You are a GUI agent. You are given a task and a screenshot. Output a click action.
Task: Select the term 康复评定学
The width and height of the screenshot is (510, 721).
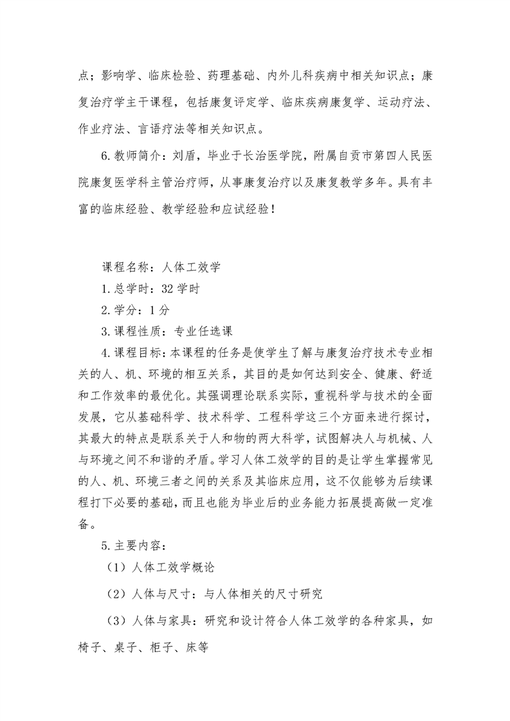coord(251,102)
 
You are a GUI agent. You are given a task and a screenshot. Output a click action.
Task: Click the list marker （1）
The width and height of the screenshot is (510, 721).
coord(115,568)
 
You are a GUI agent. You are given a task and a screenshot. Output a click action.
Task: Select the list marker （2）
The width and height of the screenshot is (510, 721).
coord(115,594)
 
